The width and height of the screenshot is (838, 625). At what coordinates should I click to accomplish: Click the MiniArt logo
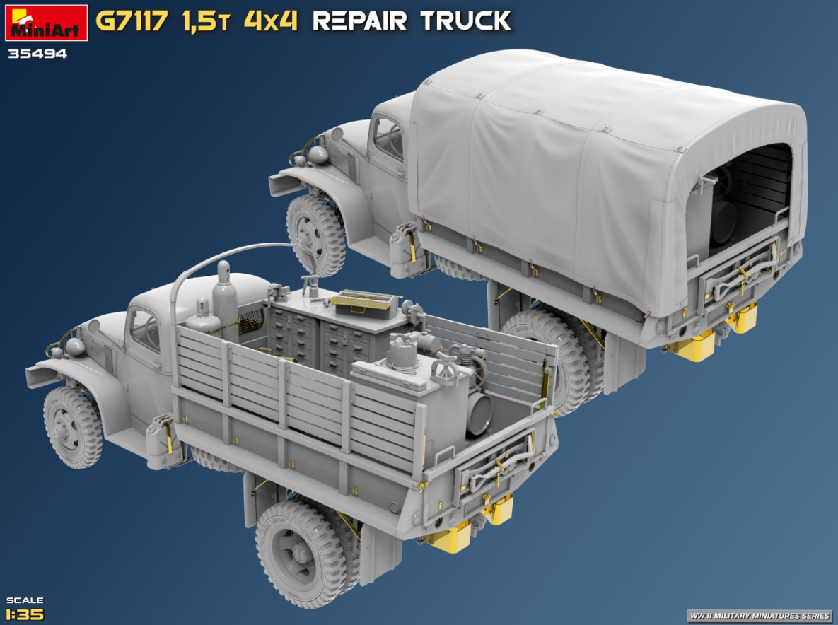pos(47,23)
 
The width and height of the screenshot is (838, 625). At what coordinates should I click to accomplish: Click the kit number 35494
pos(37,54)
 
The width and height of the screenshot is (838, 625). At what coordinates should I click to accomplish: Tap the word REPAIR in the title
pos(360,21)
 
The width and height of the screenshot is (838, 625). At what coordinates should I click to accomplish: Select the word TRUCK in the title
pos(465,21)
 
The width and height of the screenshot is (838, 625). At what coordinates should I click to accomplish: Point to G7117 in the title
pos(132,21)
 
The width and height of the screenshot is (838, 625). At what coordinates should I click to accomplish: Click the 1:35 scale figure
pos(25,614)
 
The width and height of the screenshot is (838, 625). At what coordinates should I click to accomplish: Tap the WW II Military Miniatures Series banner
pos(760,616)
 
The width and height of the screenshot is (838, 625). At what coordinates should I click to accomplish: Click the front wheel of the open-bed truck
pos(73,427)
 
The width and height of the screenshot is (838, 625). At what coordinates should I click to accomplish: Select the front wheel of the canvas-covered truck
pos(315,235)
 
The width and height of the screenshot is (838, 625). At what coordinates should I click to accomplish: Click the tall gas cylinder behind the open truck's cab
pos(225,301)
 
